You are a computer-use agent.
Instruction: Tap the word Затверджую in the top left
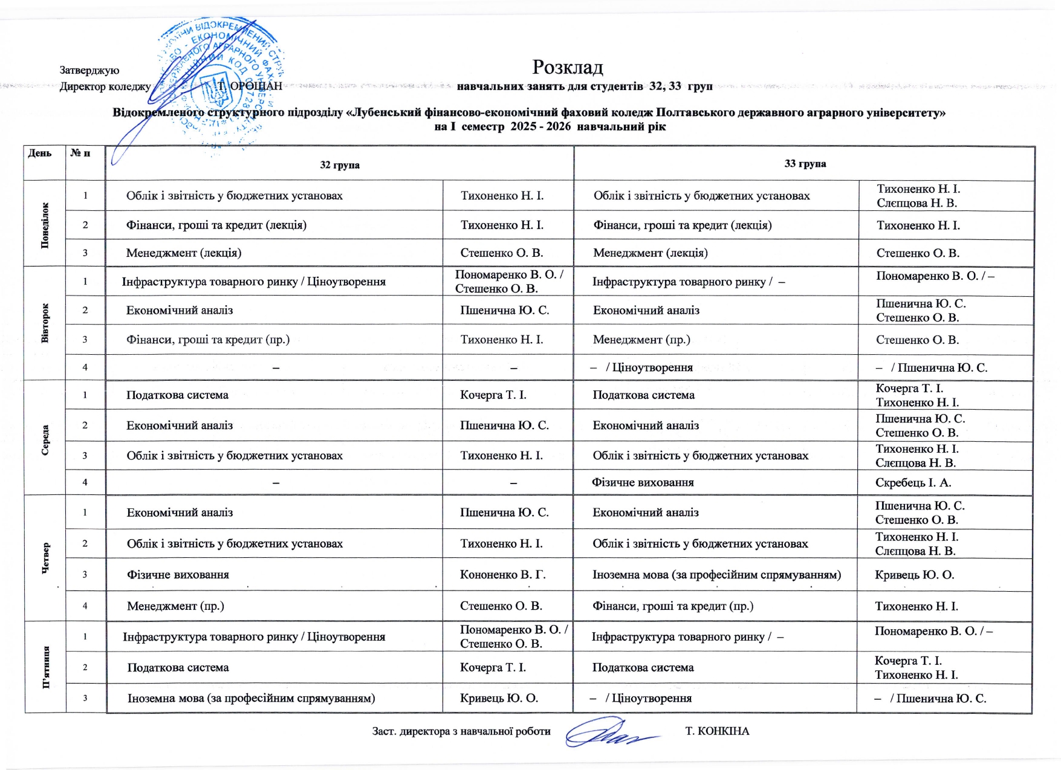coord(89,71)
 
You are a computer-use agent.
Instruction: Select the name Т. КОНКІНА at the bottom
coord(717,731)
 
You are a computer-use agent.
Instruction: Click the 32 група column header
coord(339,164)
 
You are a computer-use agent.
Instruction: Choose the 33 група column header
coord(805,163)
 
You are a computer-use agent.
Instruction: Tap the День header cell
coord(40,153)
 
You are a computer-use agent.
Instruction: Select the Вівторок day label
coord(45,323)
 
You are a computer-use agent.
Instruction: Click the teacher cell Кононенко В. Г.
coord(502,575)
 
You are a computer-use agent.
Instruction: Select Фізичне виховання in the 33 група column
coord(643,482)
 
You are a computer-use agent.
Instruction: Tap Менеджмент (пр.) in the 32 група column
coord(175,606)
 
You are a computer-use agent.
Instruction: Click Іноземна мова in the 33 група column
coord(716,575)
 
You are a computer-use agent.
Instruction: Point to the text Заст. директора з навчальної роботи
coord(461,731)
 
